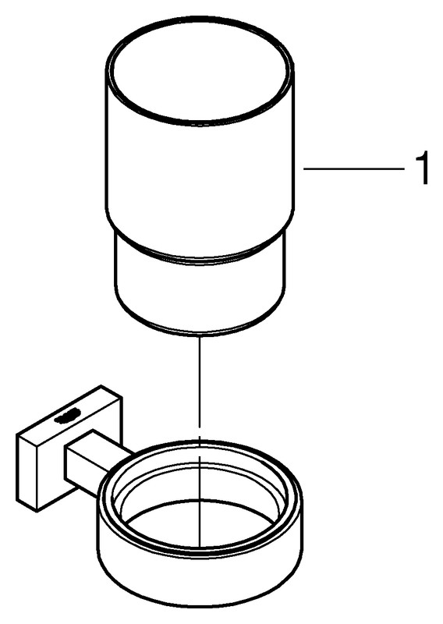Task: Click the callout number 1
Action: [421, 168]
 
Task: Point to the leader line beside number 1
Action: [354, 168]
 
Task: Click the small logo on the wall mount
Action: [69, 417]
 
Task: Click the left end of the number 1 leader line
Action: [304, 168]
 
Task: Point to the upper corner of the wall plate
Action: [101, 385]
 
